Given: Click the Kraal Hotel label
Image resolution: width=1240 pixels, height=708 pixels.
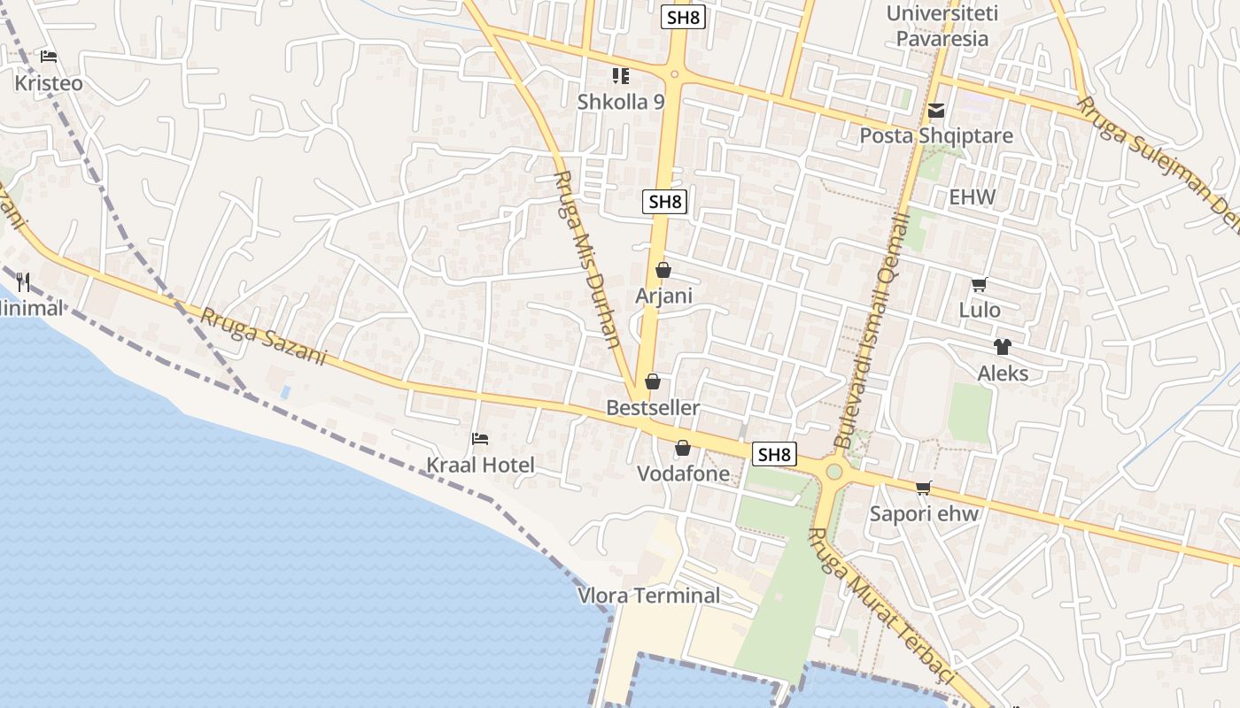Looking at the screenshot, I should (x=480, y=466).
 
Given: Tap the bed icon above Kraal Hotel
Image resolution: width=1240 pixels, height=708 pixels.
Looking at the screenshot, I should (x=480, y=438).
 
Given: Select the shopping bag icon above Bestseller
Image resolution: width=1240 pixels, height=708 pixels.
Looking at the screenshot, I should (x=653, y=381).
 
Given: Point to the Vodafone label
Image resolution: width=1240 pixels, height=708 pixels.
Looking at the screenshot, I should (x=684, y=474).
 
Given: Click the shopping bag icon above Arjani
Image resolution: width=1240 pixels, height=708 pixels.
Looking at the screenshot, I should (x=663, y=270).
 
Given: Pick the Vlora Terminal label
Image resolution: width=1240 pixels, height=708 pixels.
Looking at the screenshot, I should (x=649, y=596).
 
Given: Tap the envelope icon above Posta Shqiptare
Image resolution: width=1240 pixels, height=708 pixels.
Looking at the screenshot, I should (x=936, y=112).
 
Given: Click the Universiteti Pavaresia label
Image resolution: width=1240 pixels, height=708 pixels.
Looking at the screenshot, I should (x=942, y=27).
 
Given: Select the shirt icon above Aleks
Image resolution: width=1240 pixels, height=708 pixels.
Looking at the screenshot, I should (x=1003, y=347).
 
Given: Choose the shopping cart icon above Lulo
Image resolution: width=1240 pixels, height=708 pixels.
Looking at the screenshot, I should (x=980, y=284).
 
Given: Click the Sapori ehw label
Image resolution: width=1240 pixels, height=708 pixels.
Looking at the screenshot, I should (x=925, y=514).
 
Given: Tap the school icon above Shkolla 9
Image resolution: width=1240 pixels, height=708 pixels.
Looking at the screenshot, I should (x=621, y=76).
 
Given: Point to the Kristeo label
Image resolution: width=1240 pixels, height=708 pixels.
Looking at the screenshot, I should (x=49, y=83).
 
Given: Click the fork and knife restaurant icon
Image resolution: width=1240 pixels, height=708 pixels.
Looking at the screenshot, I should (x=24, y=282).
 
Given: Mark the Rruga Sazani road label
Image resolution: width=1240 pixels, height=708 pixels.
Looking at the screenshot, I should (x=264, y=336).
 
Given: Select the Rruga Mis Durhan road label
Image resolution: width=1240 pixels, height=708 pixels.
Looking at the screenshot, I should (x=586, y=258).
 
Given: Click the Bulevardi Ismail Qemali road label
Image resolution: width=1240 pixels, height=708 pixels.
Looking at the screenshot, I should (x=872, y=329).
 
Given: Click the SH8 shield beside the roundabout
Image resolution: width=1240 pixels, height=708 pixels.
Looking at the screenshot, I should (x=774, y=455).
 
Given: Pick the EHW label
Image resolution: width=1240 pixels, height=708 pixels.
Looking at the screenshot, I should (x=973, y=197).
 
